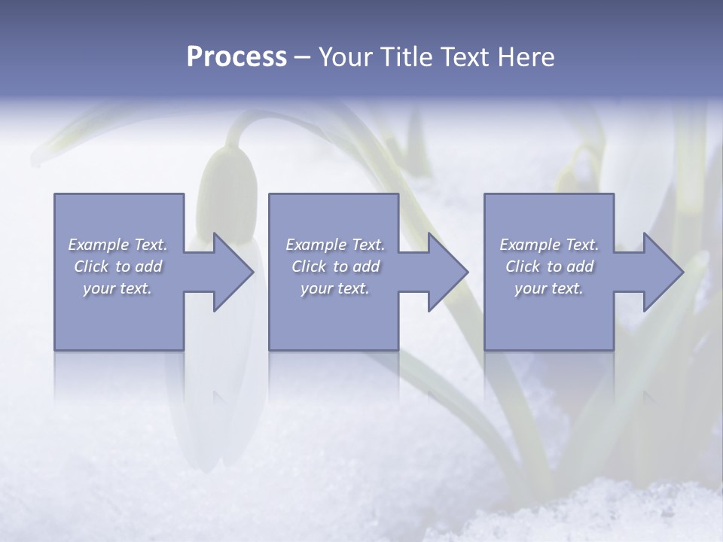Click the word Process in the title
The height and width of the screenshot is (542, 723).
click(x=236, y=57)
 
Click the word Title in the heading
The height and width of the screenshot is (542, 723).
click(x=410, y=57)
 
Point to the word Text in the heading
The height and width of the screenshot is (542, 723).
click(x=467, y=57)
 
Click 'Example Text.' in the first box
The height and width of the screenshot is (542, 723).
click(x=117, y=245)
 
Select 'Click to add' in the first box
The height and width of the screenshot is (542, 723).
click(x=117, y=266)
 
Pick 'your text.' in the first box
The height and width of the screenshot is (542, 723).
click(x=117, y=288)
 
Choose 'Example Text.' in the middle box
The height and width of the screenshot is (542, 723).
click(x=335, y=245)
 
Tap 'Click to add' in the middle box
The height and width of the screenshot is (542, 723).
click(x=335, y=266)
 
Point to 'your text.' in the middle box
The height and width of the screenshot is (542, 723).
click(x=335, y=288)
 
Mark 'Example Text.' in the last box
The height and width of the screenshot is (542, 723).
click(x=549, y=245)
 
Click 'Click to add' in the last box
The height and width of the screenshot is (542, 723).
click(x=549, y=266)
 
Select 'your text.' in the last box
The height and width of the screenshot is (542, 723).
click(x=549, y=288)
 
